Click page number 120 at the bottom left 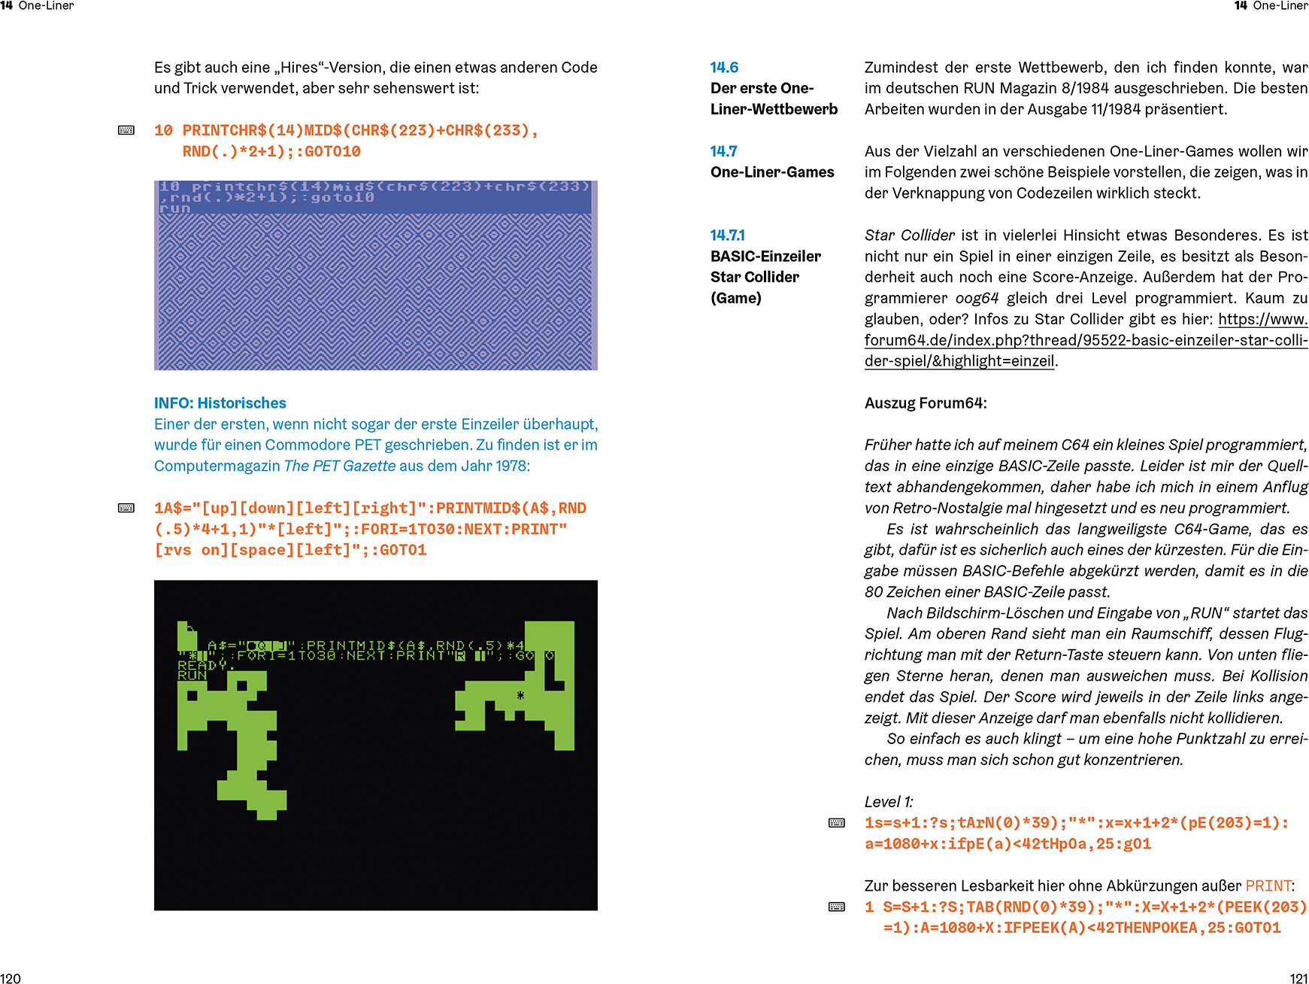point(11,978)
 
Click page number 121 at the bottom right point(1298,978)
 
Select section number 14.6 point(724,68)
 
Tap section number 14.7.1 point(727,235)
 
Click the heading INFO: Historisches point(220,403)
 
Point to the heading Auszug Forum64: point(925,403)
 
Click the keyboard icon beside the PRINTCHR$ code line point(126,131)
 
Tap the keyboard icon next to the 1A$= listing point(126,509)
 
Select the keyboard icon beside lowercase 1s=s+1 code point(836,823)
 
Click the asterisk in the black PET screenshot point(520,695)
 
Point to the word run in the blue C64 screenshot point(175,208)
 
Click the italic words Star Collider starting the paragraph point(909,235)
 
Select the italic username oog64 point(977,299)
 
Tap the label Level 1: point(889,802)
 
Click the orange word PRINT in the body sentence point(1268,886)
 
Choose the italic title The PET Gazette point(339,466)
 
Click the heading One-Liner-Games point(772,172)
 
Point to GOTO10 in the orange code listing point(332,152)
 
